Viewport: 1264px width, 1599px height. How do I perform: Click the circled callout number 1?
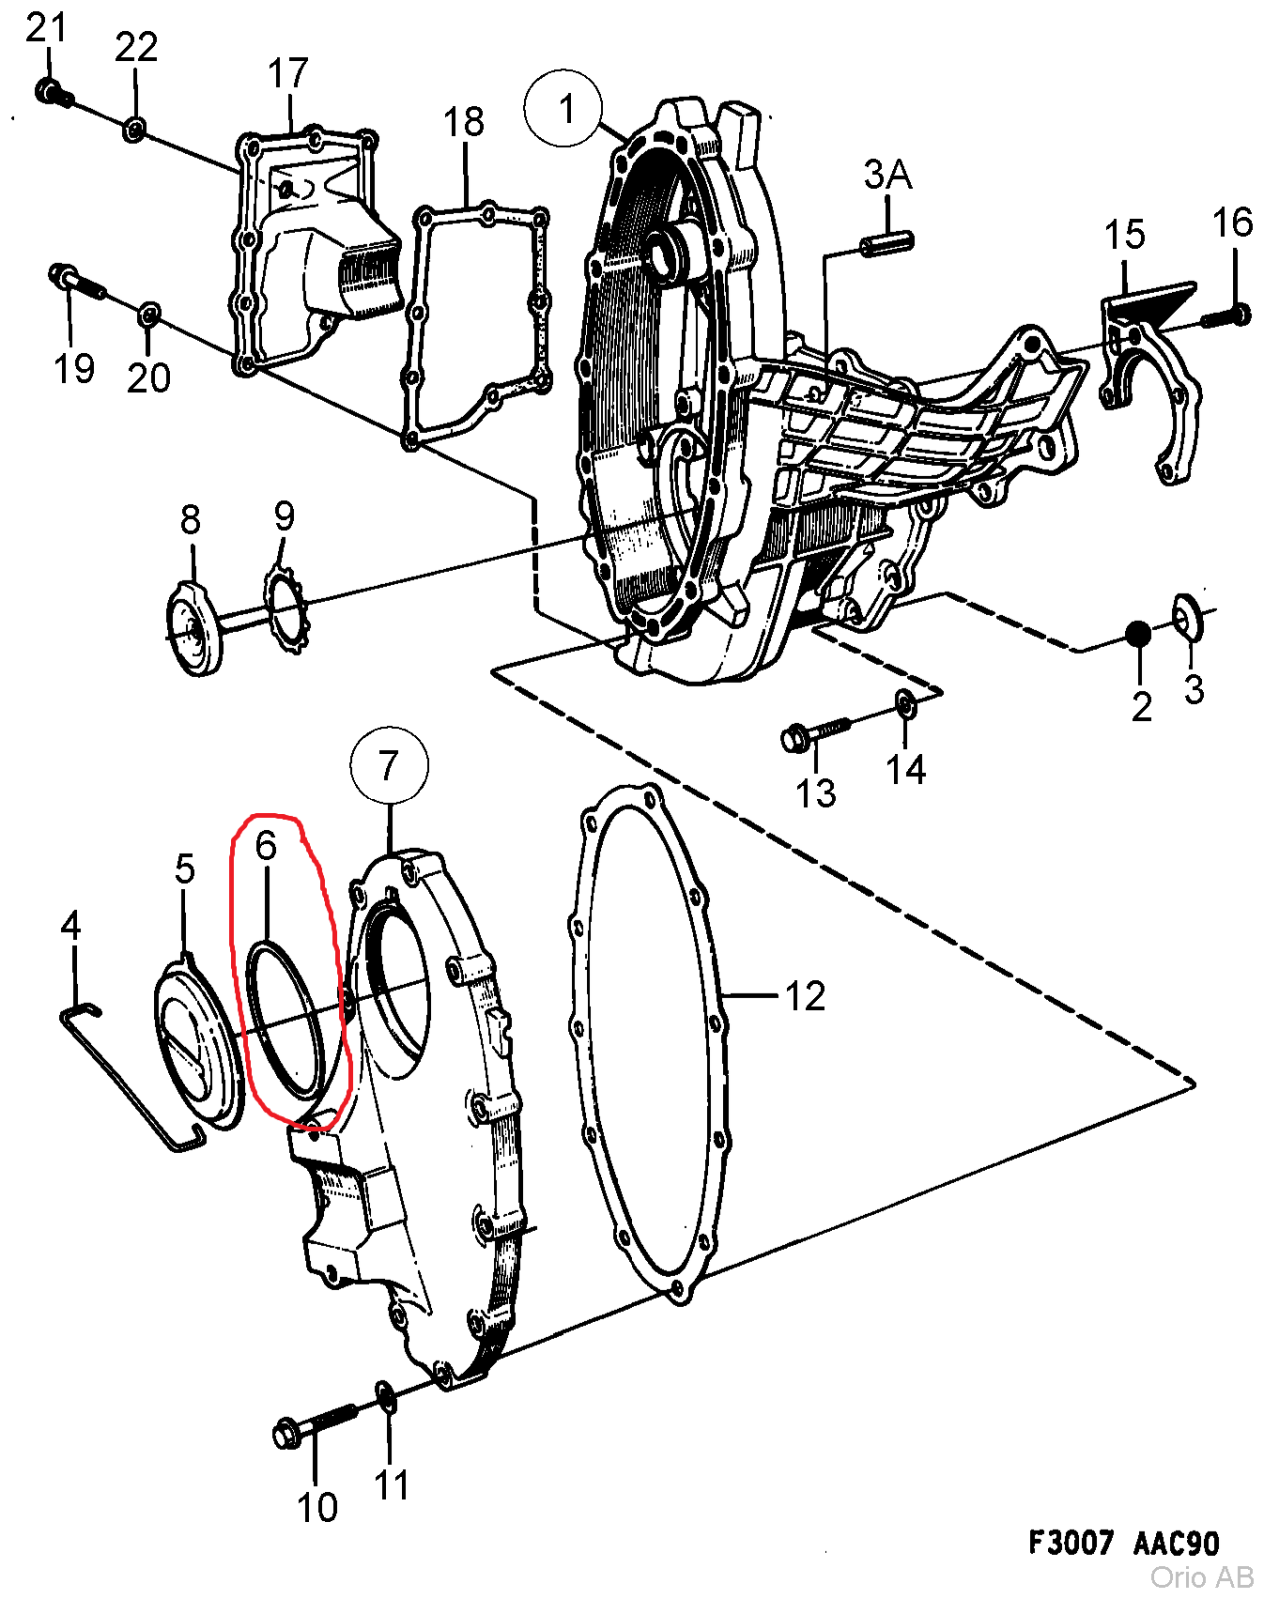(x=564, y=108)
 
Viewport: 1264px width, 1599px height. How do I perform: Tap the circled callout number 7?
(x=389, y=766)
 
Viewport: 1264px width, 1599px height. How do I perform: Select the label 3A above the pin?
(x=887, y=175)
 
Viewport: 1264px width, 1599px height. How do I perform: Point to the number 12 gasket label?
(x=805, y=996)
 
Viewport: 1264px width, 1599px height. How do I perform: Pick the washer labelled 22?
(x=134, y=129)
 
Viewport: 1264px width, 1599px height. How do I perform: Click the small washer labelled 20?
(x=148, y=315)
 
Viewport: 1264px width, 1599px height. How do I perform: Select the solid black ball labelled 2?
(x=1138, y=633)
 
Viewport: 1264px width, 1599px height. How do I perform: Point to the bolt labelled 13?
(x=811, y=734)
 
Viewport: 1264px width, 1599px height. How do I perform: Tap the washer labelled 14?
(x=905, y=703)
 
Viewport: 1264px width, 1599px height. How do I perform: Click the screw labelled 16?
(x=1227, y=316)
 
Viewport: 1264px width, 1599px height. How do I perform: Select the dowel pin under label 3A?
(x=886, y=242)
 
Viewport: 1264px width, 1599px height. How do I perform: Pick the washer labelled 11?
(x=385, y=1396)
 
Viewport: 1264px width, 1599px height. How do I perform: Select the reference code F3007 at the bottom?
(x=1071, y=1542)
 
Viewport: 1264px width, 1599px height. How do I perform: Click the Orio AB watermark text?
(x=1201, y=1578)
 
